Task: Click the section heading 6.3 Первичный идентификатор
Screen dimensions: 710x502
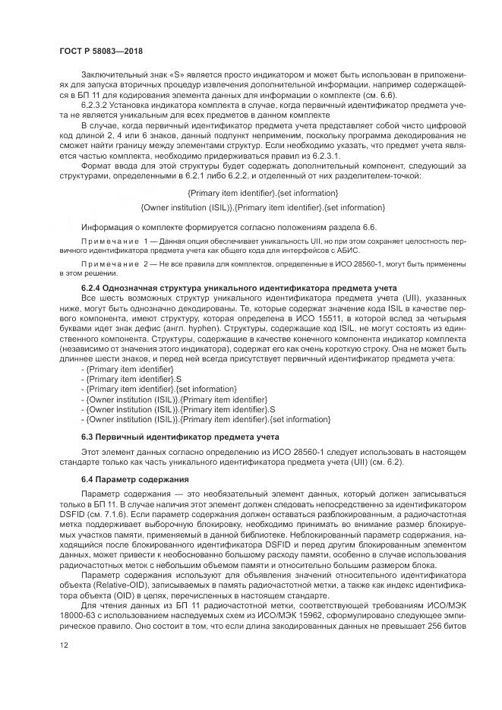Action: click(x=169, y=437)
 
